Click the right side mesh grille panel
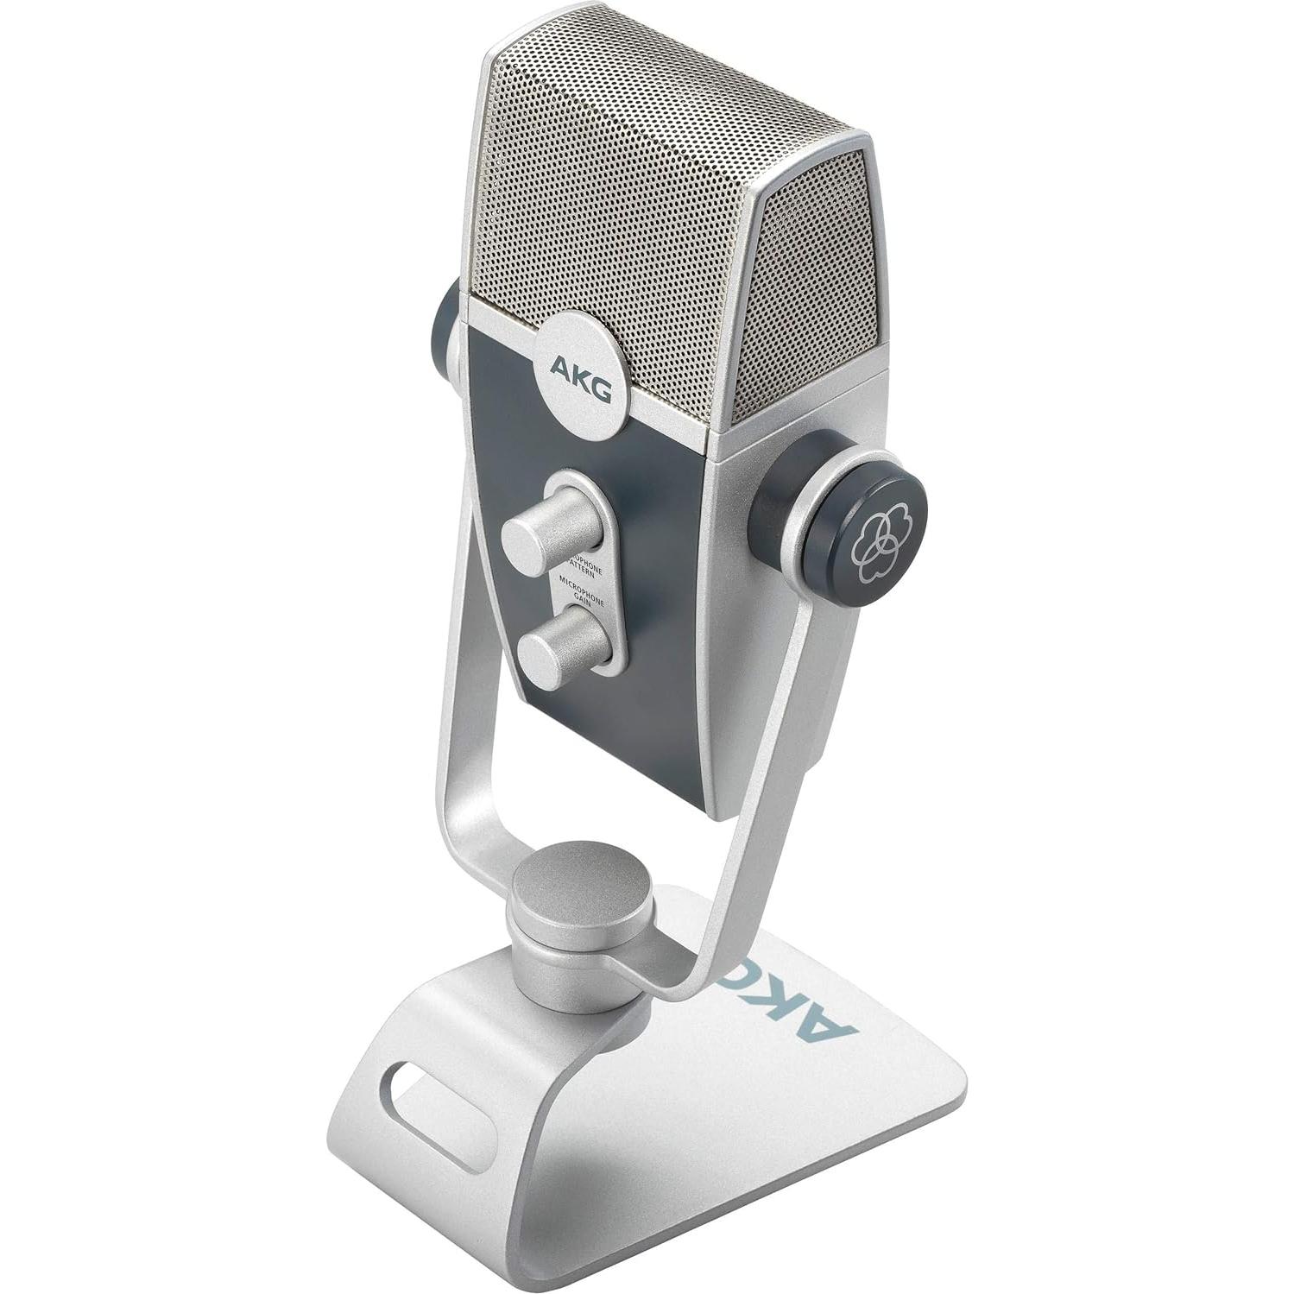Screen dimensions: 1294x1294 (811, 294)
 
